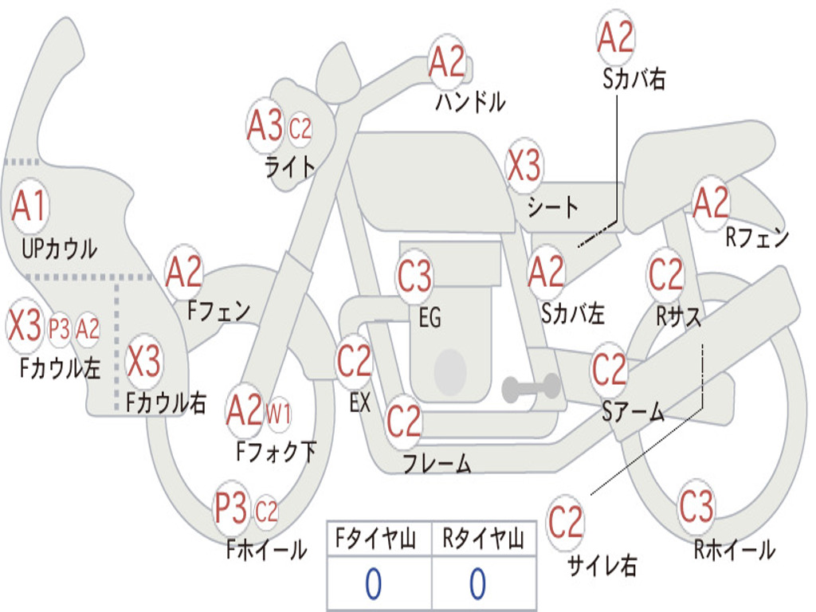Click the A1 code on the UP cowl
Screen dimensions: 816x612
point(29,206)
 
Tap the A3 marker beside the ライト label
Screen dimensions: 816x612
point(265,126)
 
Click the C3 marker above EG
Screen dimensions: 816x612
point(414,275)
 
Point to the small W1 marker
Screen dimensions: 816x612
point(278,414)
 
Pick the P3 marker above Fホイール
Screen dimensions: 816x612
point(231,508)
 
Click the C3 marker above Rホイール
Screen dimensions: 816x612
point(696,506)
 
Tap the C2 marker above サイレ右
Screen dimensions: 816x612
point(565,522)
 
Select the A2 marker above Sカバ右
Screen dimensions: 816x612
point(616,37)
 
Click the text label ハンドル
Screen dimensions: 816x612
point(470,101)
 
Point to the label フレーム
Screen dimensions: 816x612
point(437,463)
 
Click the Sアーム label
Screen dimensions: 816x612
point(634,412)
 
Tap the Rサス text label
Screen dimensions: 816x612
point(678,316)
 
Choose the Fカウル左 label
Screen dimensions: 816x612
point(60,367)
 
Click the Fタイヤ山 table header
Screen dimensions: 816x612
point(376,539)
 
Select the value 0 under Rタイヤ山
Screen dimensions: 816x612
point(478,584)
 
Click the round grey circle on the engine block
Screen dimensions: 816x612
point(450,371)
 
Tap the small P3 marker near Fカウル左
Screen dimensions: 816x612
point(59,329)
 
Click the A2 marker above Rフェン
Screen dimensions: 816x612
point(711,202)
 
